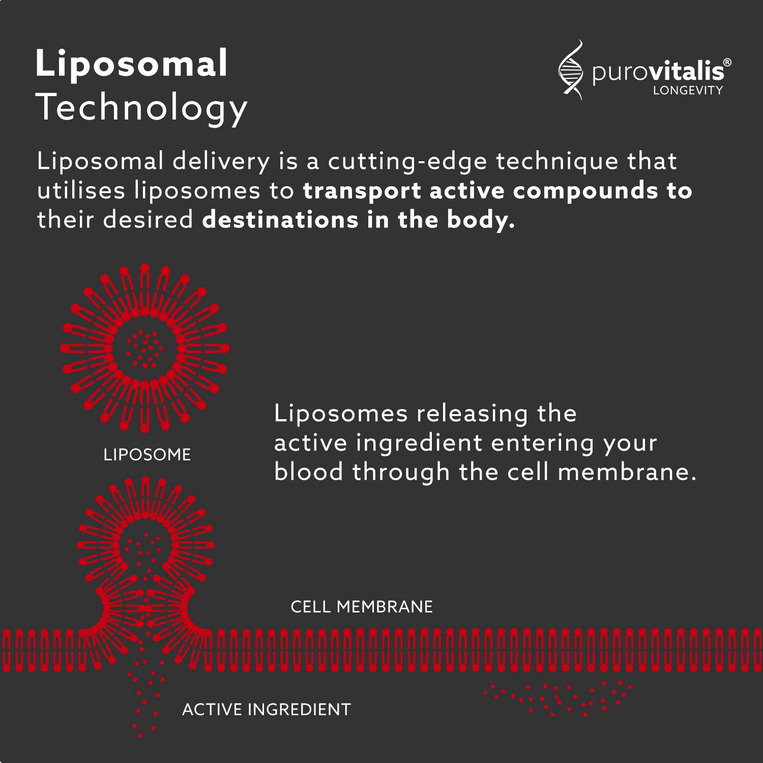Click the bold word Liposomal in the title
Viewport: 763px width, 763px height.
click(x=131, y=64)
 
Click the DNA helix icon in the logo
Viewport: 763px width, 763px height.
click(x=571, y=70)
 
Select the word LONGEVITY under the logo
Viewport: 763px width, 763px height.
click(x=688, y=91)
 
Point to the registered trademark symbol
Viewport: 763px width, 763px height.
click(x=727, y=63)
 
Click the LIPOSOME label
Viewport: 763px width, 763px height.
click(x=147, y=454)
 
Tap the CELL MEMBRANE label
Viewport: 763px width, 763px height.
click(x=362, y=606)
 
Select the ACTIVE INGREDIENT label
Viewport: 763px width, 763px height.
click(x=267, y=709)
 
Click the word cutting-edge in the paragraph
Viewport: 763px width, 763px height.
click(x=407, y=162)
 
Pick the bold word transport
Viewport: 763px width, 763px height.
click(x=362, y=191)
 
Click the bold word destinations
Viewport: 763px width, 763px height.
click(x=280, y=220)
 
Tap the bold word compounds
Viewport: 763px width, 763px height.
click(x=585, y=191)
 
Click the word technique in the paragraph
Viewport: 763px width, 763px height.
click(x=556, y=161)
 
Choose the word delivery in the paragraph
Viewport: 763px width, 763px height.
click(x=221, y=162)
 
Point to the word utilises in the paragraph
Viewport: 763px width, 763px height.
click(x=81, y=191)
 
